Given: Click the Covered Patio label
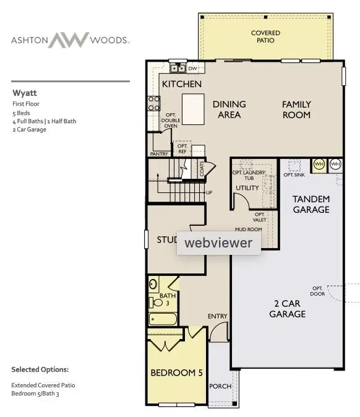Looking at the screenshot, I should [265, 37].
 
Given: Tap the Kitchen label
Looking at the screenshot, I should [182, 84].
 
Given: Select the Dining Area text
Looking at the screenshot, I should [229, 110].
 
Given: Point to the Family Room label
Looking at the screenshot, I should [296, 110].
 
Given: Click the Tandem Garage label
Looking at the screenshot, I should [311, 204].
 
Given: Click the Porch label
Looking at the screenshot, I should [220, 387].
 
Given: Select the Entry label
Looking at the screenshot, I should [218, 316].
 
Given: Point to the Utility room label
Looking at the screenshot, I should [247, 188].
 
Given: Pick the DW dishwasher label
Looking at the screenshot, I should [192, 68].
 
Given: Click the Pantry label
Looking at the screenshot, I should [160, 153].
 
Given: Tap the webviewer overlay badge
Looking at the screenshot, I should [219, 243].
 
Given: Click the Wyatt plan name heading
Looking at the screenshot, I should [24, 93].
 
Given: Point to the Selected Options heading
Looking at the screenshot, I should [40, 369].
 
